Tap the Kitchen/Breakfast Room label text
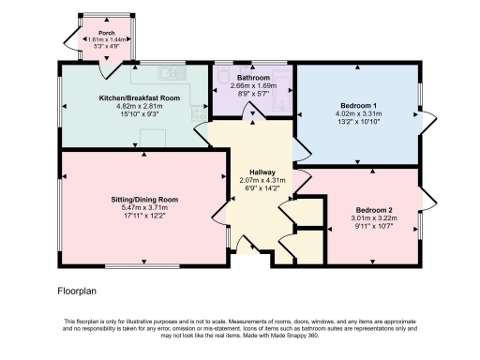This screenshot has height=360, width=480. pyautogui.click(x=139, y=97)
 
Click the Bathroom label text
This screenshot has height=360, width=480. pyautogui.click(x=252, y=77)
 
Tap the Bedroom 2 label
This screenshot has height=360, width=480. pyautogui.click(x=373, y=209)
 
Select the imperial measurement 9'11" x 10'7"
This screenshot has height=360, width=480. pyautogui.click(x=373, y=226)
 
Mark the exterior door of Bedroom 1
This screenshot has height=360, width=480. pyautogui.click(x=430, y=118)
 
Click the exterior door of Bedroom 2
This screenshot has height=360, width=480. pyautogui.click(x=428, y=200)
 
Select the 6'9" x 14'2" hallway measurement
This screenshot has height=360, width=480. pyautogui.click(x=254, y=187)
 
